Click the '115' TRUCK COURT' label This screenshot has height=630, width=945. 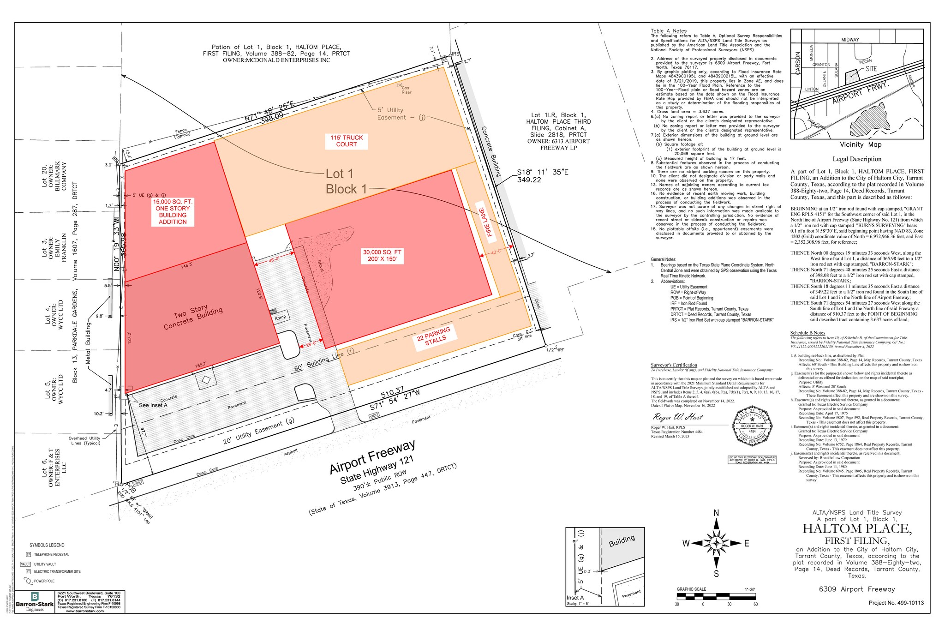(347, 141)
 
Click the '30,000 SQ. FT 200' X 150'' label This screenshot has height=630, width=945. (382, 256)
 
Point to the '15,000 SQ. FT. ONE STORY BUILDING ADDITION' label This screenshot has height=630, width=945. (173, 212)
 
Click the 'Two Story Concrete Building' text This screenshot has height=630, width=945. (193, 318)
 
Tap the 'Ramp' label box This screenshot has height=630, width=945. (280, 317)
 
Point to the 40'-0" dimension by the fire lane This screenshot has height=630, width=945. (496, 252)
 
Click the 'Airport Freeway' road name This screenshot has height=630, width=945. (372, 456)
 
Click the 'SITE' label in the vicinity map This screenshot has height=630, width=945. (871, 69)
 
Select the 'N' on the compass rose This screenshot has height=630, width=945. (717, 513)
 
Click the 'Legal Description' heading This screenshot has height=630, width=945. (857, 159)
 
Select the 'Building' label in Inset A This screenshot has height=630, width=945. (622, 541)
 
